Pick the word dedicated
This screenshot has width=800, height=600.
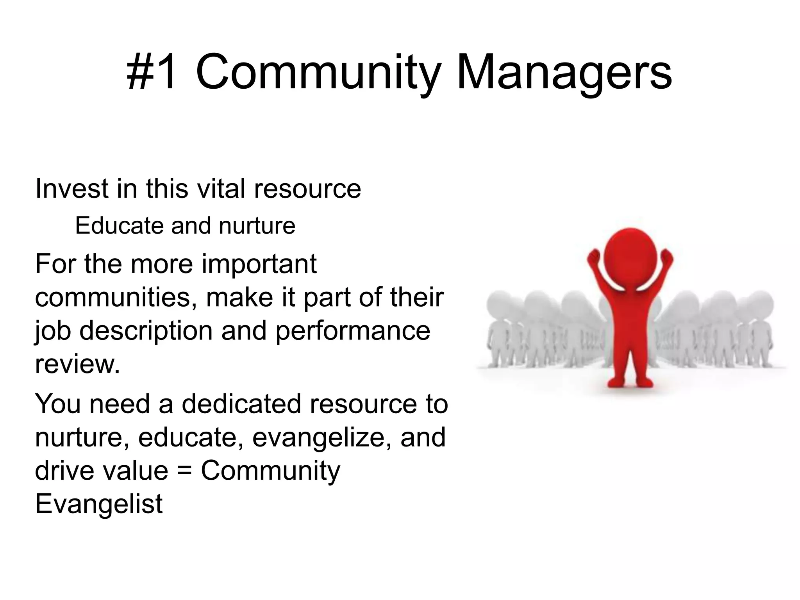tap(242, 404)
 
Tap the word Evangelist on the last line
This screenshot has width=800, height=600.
tap(99, 504)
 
